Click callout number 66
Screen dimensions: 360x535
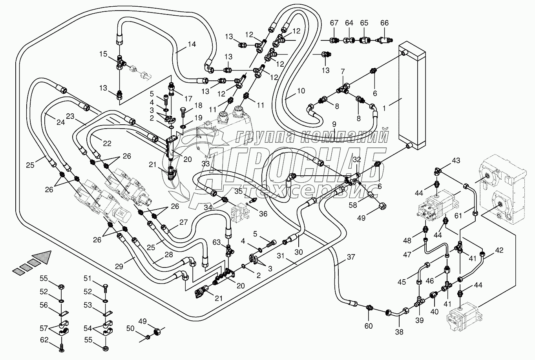[384, 23]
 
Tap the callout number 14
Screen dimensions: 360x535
[191, 44]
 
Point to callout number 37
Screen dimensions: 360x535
[351, 258]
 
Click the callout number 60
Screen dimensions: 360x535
[369, 325]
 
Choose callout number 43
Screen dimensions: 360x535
[456, 160]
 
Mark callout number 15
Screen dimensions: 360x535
[103, 54]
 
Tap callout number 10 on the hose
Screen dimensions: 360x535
[301, 91]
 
